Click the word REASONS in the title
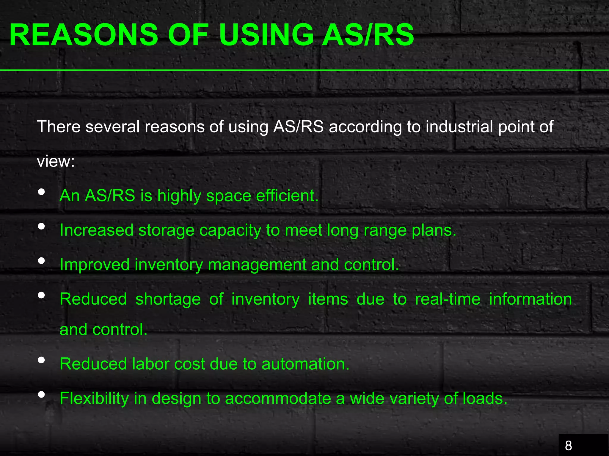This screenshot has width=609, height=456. [84, 35]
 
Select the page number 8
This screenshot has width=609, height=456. [568, 446]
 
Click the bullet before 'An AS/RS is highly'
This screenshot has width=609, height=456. [42, 192]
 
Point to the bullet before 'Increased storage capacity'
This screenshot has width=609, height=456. [42, 226]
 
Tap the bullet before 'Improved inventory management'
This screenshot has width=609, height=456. [42, 261]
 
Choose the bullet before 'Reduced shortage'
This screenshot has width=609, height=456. [42, 295]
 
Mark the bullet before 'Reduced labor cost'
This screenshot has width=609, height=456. [42, 360]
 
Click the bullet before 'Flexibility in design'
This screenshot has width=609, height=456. [42, 395]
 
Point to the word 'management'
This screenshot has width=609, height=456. [257, 265]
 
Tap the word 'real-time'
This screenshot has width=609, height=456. [448, 299]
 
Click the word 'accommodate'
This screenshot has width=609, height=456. [278, 398]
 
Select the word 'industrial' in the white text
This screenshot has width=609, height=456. [459, 127]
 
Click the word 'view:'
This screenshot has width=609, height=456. [56, 161]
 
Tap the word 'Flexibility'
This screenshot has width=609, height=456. [94, 398]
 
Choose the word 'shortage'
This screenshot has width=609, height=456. [168, 299]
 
